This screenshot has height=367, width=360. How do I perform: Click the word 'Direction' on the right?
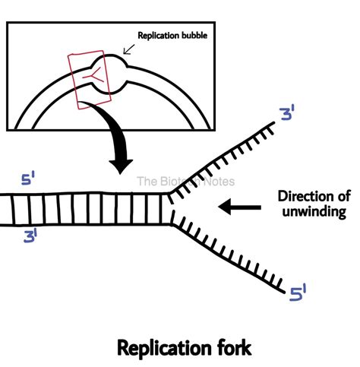pyautogui.click(x=300, y=195)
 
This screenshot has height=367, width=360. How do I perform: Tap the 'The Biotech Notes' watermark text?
pyautogui.click(x=185, y=182)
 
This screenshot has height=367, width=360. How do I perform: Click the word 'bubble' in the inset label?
pyautogui.click(x=192, y=36)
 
